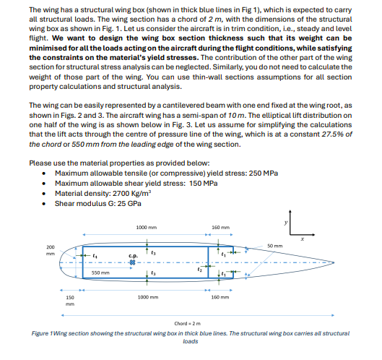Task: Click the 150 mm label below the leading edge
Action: pyautogui.click(x=69, y=301)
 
